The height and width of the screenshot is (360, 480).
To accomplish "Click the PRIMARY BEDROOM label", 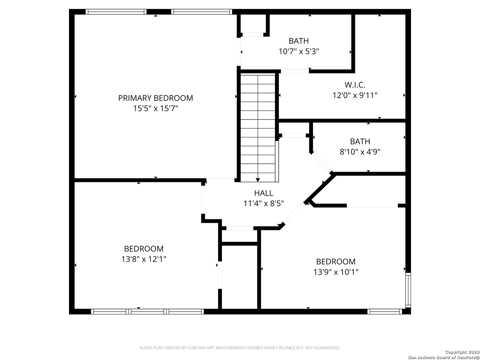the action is pyautogui.click(x=155, y=98).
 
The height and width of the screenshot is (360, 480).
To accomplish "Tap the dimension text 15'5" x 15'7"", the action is pyautogui.click(x=155, y=108).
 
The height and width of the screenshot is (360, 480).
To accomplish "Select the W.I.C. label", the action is pyautogui.click(x=355, y=85).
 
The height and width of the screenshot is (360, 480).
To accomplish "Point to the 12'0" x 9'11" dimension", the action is pyautogui.click(x=355, y=95).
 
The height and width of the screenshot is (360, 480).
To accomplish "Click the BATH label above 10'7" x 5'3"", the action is pyautogui.click(x=298, y=41).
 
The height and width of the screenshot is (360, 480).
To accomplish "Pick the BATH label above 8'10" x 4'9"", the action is pyautogui.click(x=360, y=141).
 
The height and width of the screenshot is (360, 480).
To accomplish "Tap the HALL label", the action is pyautogui.click(x=264, y=193).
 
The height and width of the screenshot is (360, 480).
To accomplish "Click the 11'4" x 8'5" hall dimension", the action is pyautogui.click(x=264, y=203).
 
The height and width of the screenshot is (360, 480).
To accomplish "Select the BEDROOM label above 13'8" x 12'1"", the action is pyautogui.click(x=144, y=249).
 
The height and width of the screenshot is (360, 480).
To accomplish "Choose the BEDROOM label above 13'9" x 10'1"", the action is pyautogui.click(x=336, y=261).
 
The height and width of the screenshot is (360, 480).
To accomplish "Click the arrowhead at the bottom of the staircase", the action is pyautogui.click(x=258, y=180).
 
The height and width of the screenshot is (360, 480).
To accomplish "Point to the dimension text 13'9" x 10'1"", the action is pyautogui.click(x=336, y=272).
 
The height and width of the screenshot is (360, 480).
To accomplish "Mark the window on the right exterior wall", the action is pyautogui.click(x=408, y=290).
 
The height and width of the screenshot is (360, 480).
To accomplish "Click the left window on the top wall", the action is pyautogui.click(x=116, y=12).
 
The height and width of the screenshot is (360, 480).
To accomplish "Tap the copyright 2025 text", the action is pyautogui.click(x=462, y=352).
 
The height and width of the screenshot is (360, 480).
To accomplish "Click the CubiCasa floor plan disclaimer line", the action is pyautogui.click(x=240, y=348).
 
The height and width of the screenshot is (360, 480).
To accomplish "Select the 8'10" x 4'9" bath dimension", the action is pyautogui.click(x=360, y=152).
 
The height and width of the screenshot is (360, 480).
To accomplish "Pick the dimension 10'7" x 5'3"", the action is pyautogui.click(x=298, y=52).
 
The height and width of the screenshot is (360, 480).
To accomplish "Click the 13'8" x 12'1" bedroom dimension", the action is pyautogui.click(x=144, y=259).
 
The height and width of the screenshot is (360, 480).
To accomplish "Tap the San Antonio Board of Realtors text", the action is pyautogui.click(x=444, y=357).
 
